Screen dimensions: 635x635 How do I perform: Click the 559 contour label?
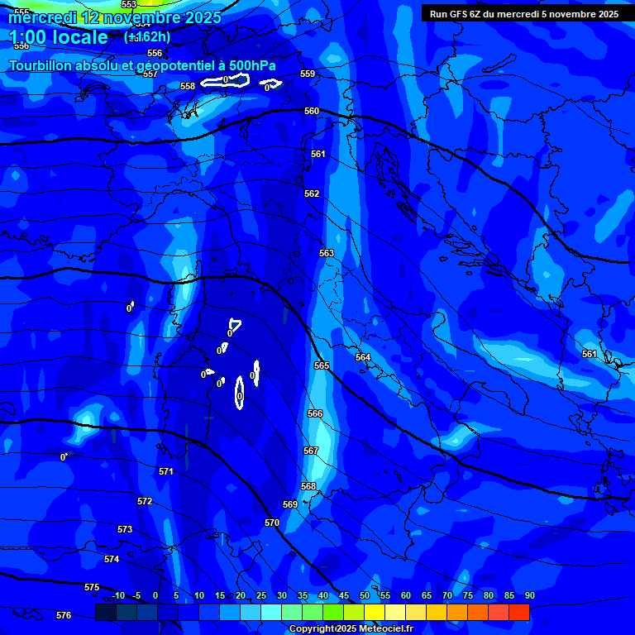coord(308,74)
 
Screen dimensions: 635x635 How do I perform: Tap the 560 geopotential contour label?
coord(312,111)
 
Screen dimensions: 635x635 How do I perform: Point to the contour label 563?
coord(327,253)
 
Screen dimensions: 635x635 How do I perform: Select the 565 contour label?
coord(322,365)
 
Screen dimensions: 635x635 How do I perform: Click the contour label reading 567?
coord(311,451)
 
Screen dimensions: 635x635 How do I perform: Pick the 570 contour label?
coord(272,523)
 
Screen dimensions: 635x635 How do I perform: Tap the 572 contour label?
coord(145,501)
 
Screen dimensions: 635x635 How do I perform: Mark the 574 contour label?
coord(112,559)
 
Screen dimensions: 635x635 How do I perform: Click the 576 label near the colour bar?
coord(64,615)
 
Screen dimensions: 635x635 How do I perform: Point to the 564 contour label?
coord(363,357)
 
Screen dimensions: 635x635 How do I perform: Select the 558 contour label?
coord(188,86)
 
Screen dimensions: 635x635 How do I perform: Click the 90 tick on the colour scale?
coord(529,595)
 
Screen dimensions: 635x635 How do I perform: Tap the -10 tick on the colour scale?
coord(117,595)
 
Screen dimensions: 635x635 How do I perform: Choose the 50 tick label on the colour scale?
coord(365,595)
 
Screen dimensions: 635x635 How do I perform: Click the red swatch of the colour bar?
coord(518,612)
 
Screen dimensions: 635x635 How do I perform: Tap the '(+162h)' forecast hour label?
coord(147,36)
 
